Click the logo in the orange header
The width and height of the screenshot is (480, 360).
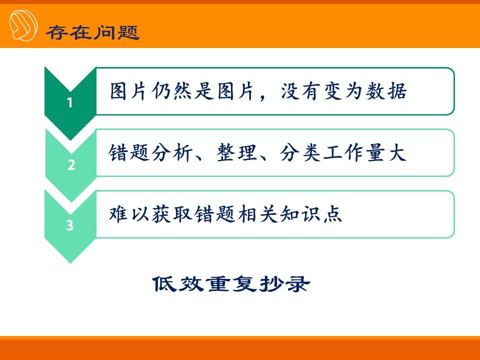coord(23,25)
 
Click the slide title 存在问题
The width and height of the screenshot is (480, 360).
coord(93,32)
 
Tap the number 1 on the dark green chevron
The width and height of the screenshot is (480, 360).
coord(70,103)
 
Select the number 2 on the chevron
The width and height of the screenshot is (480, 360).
coord(71,165)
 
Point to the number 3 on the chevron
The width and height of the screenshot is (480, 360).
coord(70,225)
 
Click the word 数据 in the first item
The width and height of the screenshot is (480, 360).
coord(386,91)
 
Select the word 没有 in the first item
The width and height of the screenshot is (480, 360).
coord(300,91)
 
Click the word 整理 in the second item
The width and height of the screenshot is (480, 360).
coord(236,152)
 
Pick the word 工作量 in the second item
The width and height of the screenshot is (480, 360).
coord(354,152)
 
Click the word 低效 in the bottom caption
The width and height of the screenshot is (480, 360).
coord(178,284)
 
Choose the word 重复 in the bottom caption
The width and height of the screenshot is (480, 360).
coord(231,284)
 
